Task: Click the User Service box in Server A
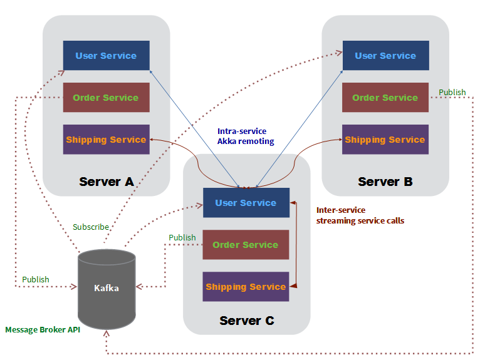pyautogui.click(x=106, y=55)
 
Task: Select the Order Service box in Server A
pyautogui.click(x=106, y=97)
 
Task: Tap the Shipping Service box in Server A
pyautogui.click(x=106, y=139)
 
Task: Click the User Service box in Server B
pyautogui.click(x=385, y=55)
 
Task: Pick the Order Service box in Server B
pyautogui.click(x=385, y=97)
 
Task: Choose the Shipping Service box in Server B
pyautogui.click(x=385, y=139)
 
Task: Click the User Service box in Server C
pyautogui.click(x=246, y=202)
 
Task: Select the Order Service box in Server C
pyautogui.click(x=246, y=244)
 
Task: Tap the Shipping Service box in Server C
pyautogui.click(x=246, y=286)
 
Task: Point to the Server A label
pyautogui.click(x=107, y=182)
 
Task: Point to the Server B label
pyautogui.click(x=385, y=182)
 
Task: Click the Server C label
pyautogui.click(x=247, y=321)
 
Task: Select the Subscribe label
pyautogui.click(x=91, y=227)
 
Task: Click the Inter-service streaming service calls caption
pyautogui.click(x=360, y=215)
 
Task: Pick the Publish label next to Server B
pyautogui.click(x=452, y=92)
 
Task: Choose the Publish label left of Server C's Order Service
pyautogui.click(x=182, y=238)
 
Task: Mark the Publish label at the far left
pyautogui.click(x=36, y=279)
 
